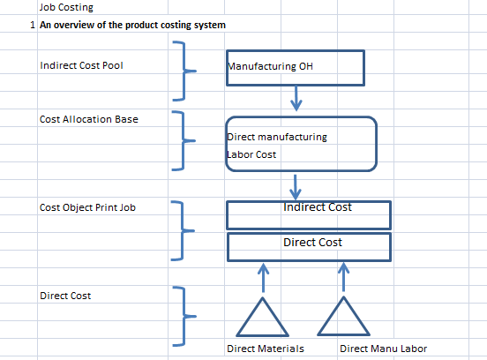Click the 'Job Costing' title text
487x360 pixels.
pos(66,7)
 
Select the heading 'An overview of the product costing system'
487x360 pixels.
pos(132,25)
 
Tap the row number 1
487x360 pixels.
pos(33,25)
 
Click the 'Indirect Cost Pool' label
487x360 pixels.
pos(81,65)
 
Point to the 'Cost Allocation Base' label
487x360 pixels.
pos(89,119)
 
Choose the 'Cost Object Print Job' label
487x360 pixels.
pos(87,207)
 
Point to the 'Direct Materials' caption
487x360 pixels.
pos(266,349)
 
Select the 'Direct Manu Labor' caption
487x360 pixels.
pos(383,349)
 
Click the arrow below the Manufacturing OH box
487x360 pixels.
pos(296,99)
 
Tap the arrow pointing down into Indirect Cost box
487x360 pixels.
pos(295,187)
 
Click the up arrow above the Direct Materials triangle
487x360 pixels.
pos(264,278)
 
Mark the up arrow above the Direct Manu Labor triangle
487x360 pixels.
pos(343,277)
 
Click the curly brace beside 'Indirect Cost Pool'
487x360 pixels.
pos(184,71)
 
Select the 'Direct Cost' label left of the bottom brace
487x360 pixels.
pos(65,296)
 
